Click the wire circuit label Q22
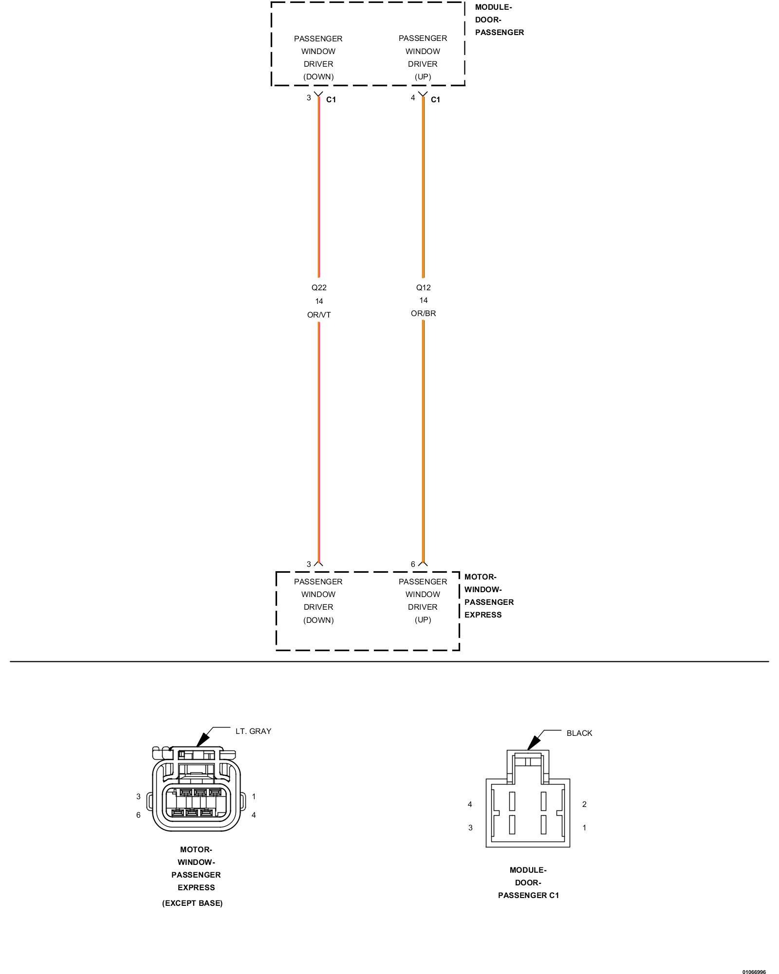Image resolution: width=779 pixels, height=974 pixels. pyautogui.click(x=319, y=288)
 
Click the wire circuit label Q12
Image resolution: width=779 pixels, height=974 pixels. pyautogui.click(x=423, y=287)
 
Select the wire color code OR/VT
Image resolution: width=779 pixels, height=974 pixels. pyautogui.click(x=319, y=315)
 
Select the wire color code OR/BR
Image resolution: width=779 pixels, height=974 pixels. pyautogui.click(x=423, y=313)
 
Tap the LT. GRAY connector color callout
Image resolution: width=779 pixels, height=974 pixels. pyautogui.click(x=253, y=731)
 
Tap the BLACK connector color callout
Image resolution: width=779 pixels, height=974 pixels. pyautogui.click(x=579, y=733)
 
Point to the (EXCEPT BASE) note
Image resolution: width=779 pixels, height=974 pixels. pyautogui.click(x=192, y=903)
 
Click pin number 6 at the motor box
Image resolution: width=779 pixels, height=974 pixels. pyautogui.click(x=413, y=564)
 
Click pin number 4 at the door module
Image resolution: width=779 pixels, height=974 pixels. pyautogui.click(x=413, y=98)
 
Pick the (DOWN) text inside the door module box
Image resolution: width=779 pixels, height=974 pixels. pyautogui.click(x=318, y=76)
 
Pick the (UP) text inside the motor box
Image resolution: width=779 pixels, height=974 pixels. pyautogui.click(x=423, y=619)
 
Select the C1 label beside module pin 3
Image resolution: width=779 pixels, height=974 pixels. pyautogui.click(x=331, y=99)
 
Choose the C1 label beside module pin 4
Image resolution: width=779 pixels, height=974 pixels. pyautogui.click(x=435, y=99)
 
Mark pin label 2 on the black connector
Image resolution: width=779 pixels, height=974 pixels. pyautogui.click(x=584, y=804)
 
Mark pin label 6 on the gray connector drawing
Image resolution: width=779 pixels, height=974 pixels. pyautogui.click(x=138, y=815)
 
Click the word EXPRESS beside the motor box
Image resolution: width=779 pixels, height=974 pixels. pyautogui.click(x=482, y=615)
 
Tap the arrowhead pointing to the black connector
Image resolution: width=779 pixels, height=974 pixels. pyautogui.click(x=534, y=742)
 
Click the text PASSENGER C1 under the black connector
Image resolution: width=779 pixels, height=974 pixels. pyautogui.click(x=528, y=895)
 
